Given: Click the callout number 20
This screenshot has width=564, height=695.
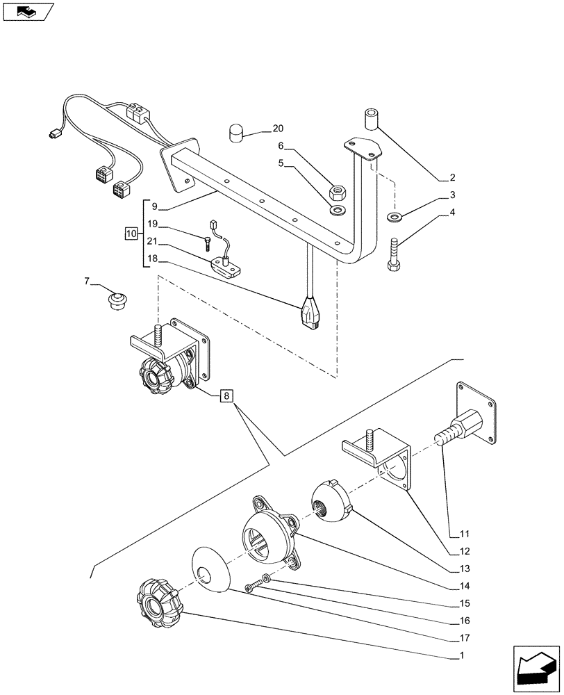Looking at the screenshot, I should (279, 129).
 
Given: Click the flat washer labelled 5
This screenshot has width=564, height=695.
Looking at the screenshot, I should (338, 210).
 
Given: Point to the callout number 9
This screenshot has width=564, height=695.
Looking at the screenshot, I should (154, 206).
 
